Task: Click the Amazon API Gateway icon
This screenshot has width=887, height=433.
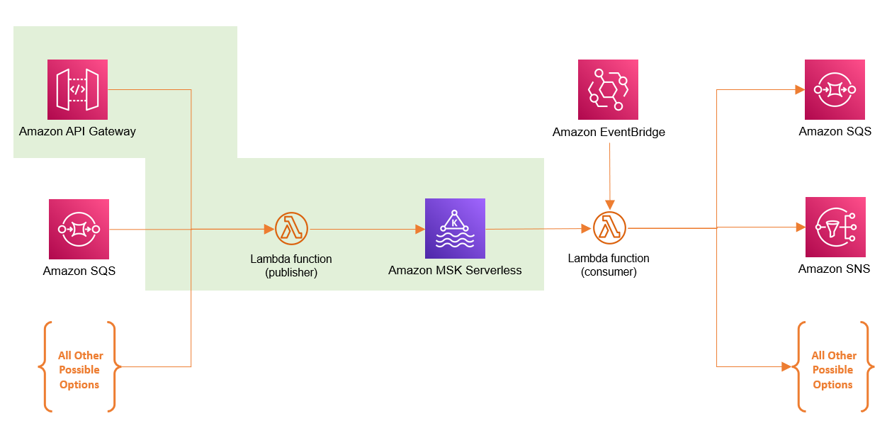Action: point(77,89)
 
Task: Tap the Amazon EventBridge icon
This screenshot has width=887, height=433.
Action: point(608,89)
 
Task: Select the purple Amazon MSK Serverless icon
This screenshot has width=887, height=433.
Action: point(455,228)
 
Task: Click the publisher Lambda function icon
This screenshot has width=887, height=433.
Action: point(291,229)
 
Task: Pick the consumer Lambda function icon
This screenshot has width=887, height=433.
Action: point(609,228)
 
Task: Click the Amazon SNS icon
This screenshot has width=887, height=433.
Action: point(835,227)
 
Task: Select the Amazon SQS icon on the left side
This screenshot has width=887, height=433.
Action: point(79,229)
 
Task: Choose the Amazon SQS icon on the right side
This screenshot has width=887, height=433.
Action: point(835,89)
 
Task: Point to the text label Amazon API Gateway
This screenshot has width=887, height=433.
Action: point(77,131)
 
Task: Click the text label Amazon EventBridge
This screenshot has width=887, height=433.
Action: point(609,132)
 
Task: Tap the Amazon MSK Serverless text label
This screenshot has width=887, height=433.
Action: point(455,270)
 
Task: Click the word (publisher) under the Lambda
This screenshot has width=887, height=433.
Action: point(291,272)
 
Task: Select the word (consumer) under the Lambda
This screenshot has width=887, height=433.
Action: point(609,271)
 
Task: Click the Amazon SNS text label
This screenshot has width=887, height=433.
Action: point(834,269)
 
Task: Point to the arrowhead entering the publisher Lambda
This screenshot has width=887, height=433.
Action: point(269,229)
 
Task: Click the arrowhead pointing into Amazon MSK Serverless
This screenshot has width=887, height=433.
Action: point(419,229)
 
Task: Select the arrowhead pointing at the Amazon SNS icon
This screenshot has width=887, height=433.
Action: point(800,227)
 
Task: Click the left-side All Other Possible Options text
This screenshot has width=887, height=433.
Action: point(79,370)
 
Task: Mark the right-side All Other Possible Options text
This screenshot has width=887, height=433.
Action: point(833,370)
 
